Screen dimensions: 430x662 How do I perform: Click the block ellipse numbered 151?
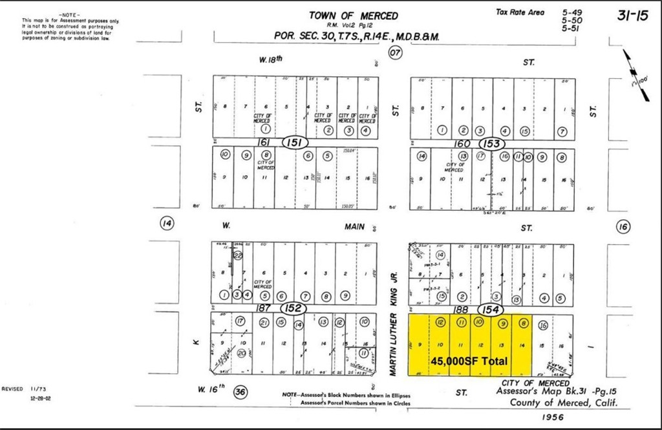294,142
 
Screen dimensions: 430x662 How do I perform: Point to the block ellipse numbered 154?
491,310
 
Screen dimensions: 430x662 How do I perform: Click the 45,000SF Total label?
469,360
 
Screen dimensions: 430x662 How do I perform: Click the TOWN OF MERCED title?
353,16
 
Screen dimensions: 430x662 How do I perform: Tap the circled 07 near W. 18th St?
395,54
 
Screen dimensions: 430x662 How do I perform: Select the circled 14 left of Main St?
167,224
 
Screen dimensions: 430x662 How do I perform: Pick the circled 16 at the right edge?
623,226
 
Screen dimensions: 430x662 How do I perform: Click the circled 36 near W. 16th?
240,391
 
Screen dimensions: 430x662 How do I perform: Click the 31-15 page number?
632,16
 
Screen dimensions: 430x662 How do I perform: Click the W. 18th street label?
271,59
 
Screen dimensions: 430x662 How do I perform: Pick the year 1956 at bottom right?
554,417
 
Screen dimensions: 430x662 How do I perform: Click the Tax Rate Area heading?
520,12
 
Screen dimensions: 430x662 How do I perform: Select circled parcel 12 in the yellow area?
440,322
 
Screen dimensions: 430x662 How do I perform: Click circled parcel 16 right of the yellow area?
543,325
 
